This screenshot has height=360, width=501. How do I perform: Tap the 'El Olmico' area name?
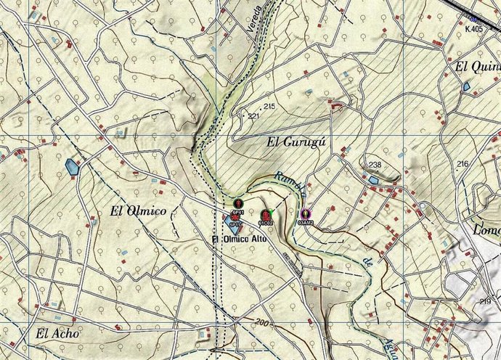[x=138, y=211]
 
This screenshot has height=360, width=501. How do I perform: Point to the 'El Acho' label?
[x=56, y=335]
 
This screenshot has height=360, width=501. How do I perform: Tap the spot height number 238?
[x=375, y=165]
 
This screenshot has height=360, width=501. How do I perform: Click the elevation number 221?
[x=253, y=115]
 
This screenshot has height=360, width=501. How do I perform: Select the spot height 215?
[x=270, y=107]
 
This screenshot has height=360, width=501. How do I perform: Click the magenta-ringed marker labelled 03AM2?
[x=306, y=215]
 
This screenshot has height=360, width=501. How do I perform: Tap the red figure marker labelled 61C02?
[x=265, y=215]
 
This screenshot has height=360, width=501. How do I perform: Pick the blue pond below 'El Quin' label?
[x=465, y=86]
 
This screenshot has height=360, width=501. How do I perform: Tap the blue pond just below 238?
[x=373, y=179]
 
